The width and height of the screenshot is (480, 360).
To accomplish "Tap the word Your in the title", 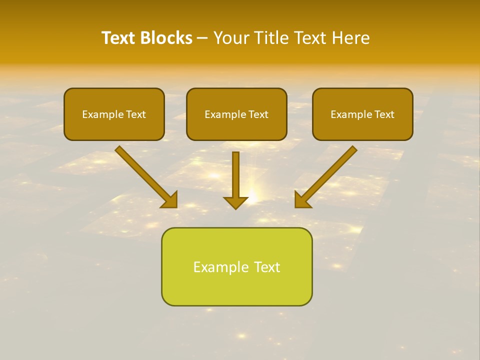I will pyautogui.click(x=230, y=38).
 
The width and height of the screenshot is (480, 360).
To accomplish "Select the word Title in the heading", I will pyautogui.click(x=268, y=38).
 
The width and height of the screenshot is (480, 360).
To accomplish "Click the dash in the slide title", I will pyautogui.click(x=202, y=38).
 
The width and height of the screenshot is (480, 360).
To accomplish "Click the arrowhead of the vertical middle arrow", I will pyautogui.click(x=235, y=202).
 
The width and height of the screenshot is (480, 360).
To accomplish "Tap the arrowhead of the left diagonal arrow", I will pyautogui.click(x=170, y=200).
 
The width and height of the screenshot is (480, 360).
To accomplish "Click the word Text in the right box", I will pyautogui.click(x=384, y=114).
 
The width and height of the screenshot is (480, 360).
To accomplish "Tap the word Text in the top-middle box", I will pyautogui.click(x=258, y=114).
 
